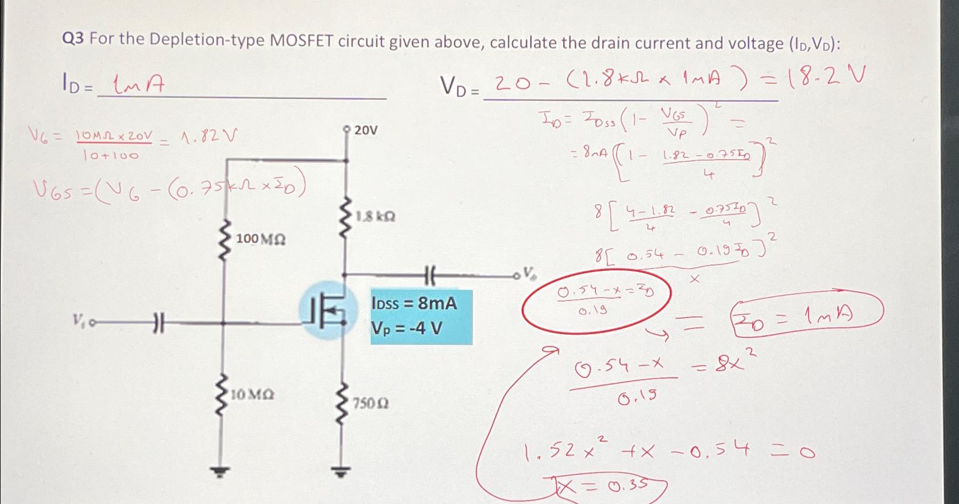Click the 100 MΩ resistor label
click(x=260, y=239)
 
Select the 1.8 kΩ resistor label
click(x=376, y=217)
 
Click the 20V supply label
click(x=365, y=131)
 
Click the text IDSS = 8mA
click(x=414, y=303)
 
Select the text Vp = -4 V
click(x=406, y=328)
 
